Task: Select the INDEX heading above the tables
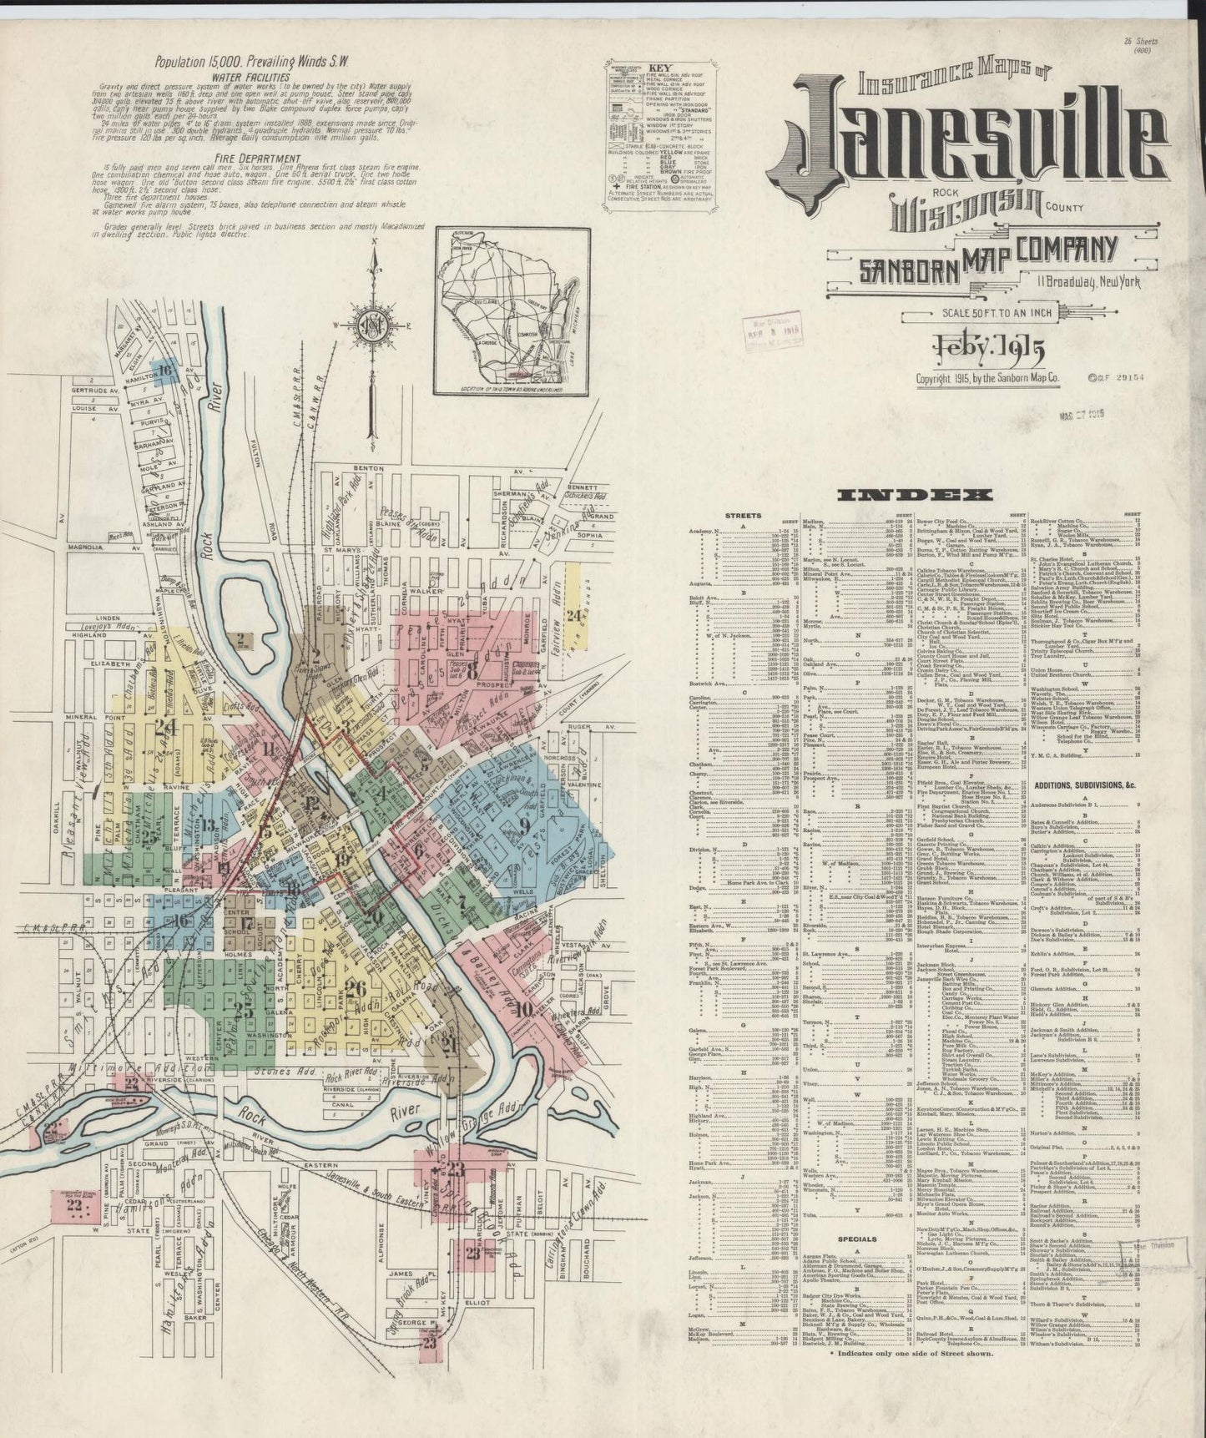pyautogui.click(x=912, y=495)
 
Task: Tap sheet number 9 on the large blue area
pyautogui.click(x=524, y=826)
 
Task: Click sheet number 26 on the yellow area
pyautogui.click(x=356, y=989)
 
